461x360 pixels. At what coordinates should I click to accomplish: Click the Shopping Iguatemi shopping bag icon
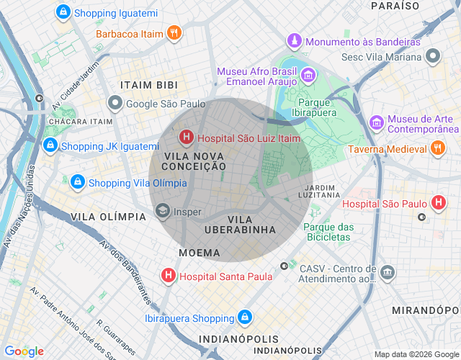63,12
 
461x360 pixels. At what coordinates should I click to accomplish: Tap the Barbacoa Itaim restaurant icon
173,32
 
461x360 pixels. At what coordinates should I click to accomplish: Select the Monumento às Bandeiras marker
294,41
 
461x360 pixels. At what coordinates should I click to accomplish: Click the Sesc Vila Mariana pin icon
432,55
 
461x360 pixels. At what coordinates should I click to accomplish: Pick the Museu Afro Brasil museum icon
308,75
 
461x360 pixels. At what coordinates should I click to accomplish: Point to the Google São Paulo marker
115,103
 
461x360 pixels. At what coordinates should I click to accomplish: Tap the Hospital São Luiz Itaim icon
186,136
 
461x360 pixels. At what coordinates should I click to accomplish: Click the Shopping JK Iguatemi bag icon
50,146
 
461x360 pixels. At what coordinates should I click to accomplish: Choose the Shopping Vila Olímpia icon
77,182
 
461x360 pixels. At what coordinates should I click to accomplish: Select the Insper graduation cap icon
162,212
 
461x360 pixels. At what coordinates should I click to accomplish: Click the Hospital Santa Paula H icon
168,276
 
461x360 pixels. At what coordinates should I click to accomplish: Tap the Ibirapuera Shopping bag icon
245,318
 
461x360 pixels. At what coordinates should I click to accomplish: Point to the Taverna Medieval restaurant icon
437,149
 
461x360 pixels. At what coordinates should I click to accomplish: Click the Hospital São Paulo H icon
438,204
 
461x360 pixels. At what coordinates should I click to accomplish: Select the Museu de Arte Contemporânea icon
376,123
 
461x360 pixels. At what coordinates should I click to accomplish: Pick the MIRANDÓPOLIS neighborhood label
425,310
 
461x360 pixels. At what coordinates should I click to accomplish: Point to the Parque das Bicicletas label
329,233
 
